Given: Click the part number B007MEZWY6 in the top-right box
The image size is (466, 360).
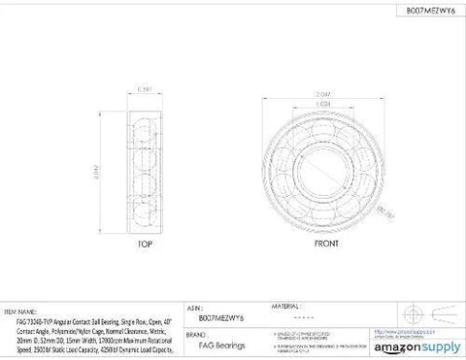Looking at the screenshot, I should click(x=421, y=11).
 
